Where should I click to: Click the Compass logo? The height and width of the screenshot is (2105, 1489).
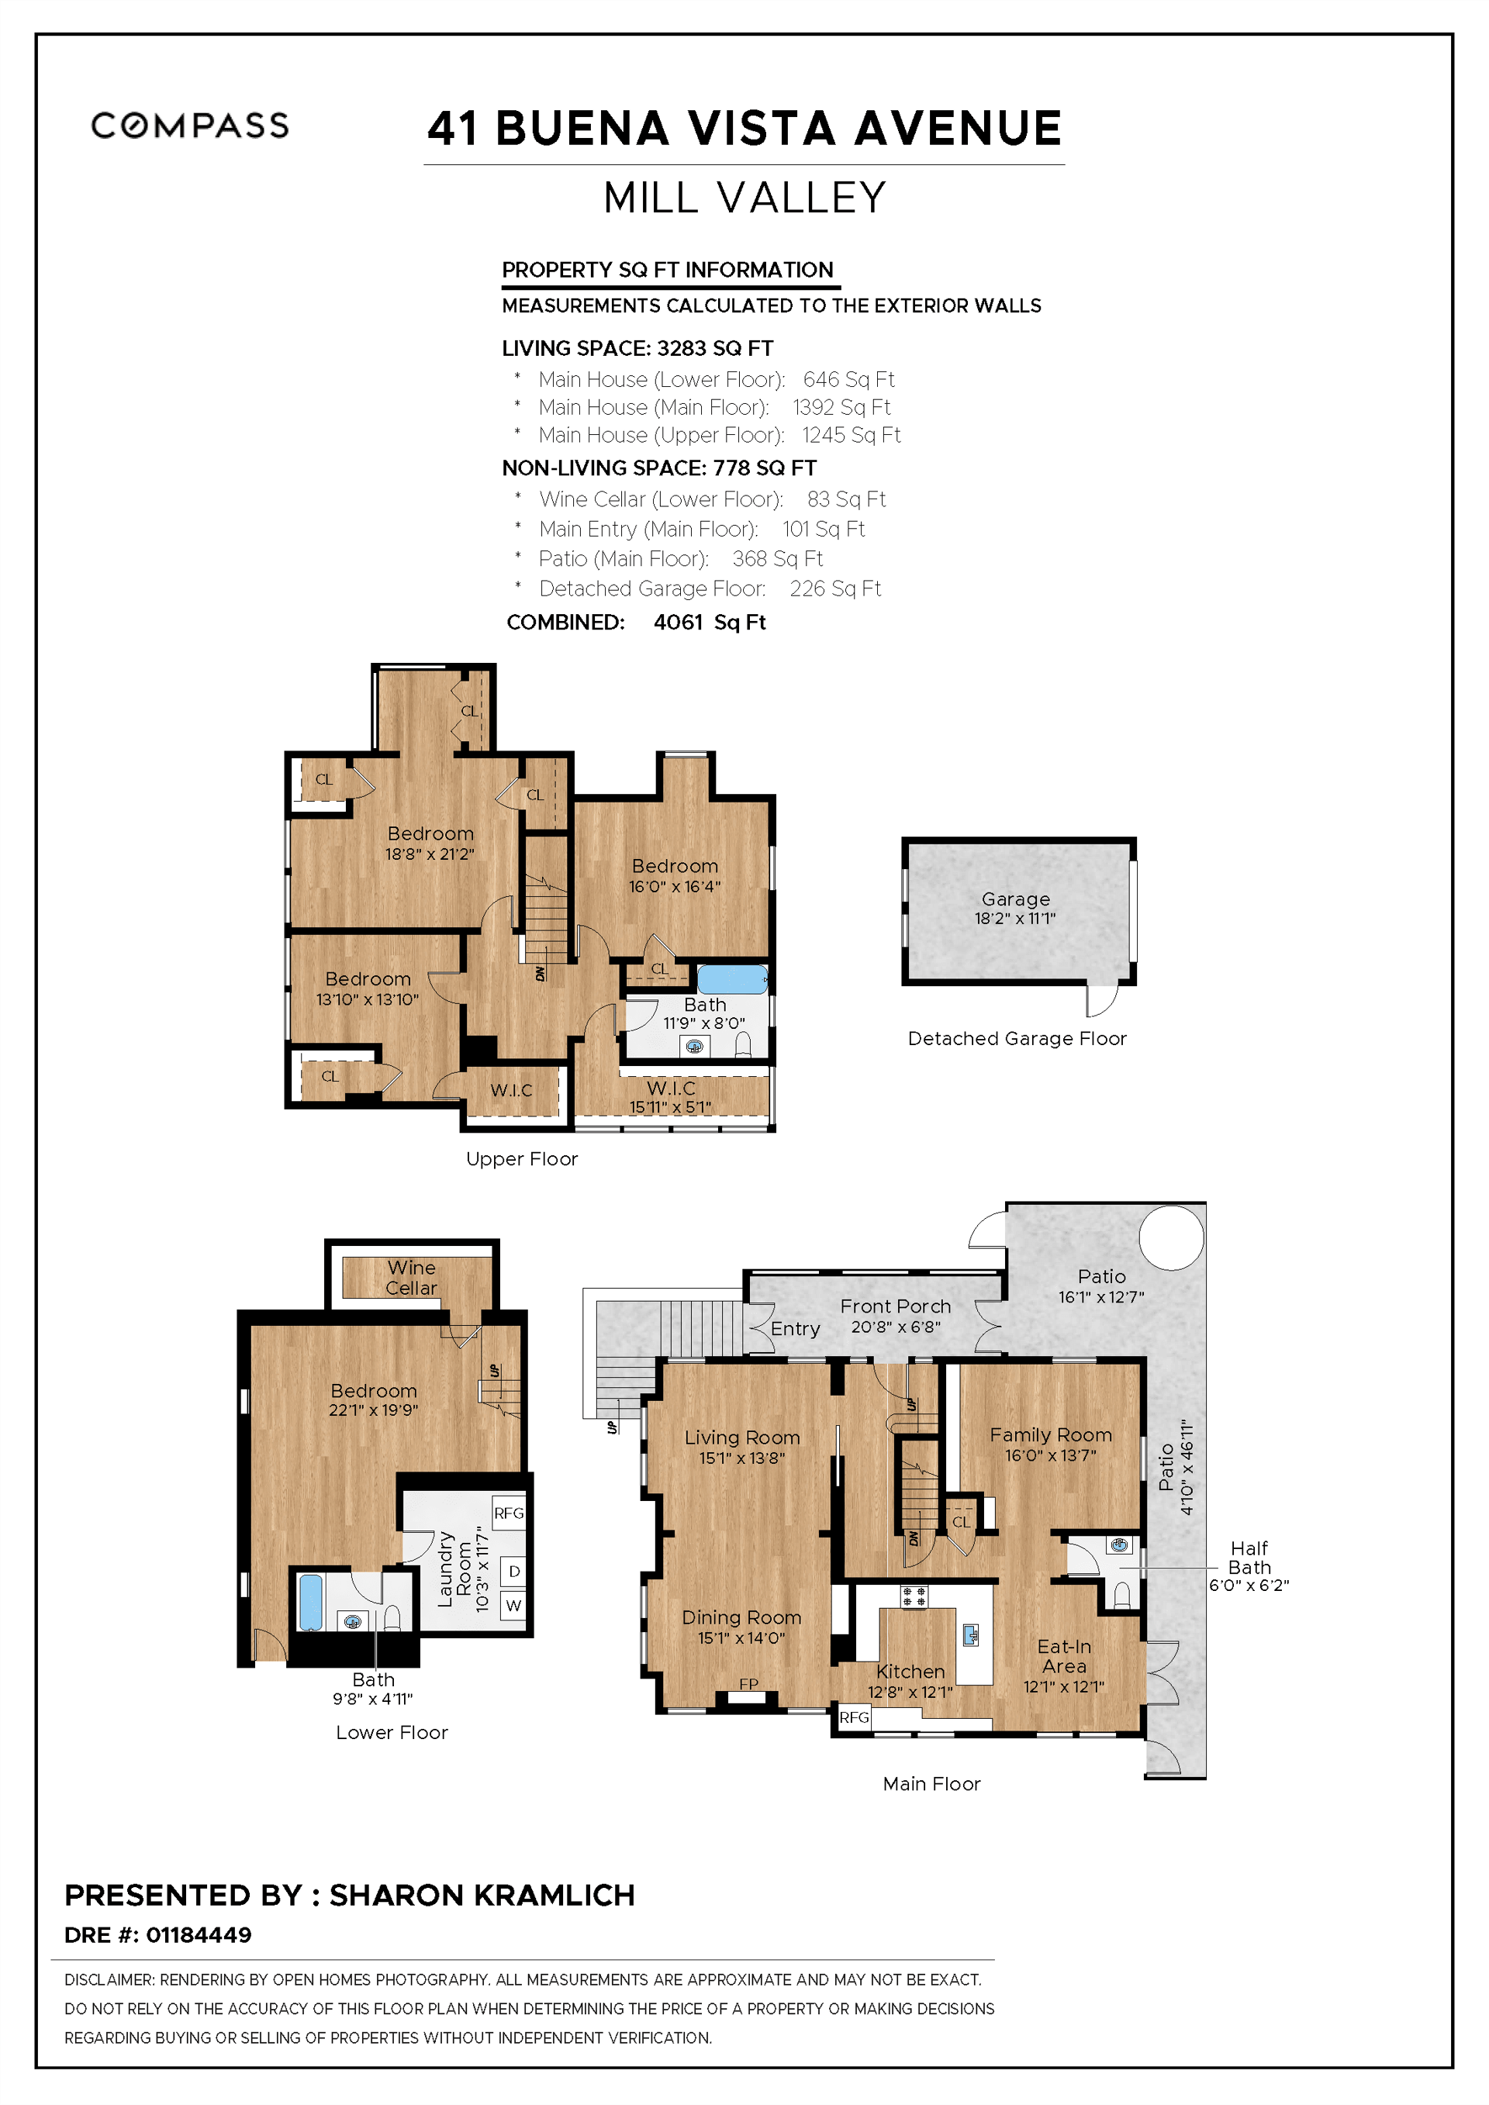click(x=190, y=126)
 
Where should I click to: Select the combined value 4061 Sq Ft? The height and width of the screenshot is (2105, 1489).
click(x=709, y=623)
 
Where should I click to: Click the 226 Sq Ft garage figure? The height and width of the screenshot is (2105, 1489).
click(x=834, y=588)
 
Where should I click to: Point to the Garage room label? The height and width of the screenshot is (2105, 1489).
click(x=1016, y=899)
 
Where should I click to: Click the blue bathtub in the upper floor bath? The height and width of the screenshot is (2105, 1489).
click(x=731, y=979)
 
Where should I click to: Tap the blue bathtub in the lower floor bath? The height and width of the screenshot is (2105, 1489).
click(x=311, y=1602)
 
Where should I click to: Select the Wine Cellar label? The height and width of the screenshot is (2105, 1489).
click(x=411, y=1277)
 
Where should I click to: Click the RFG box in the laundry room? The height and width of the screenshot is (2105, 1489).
click(x=509, y=1513)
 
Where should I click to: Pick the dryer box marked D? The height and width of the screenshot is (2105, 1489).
click(x=514, y=1572)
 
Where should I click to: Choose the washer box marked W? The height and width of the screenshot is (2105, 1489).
click(x=513, y=1606)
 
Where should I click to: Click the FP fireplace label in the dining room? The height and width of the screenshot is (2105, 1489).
click(x=748, y=1683)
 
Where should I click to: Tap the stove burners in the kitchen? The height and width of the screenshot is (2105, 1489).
click(x=914, y=1596)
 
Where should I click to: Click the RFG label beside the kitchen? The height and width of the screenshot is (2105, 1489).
click(x=854, y=1717)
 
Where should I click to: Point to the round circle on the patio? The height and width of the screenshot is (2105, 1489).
click(x=1171, y=1237)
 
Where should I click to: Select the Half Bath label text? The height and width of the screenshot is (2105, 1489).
click(x=1249, y=1558)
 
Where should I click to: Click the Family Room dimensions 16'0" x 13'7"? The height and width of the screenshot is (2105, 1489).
click(x=1050, y=1455)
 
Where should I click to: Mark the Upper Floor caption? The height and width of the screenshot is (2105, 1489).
click(x=522, y=1159)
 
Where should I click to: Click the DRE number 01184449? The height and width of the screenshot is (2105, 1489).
click(x=199, y=1934)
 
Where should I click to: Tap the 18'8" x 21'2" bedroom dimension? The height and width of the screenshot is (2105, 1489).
click(x=429, y=854)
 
